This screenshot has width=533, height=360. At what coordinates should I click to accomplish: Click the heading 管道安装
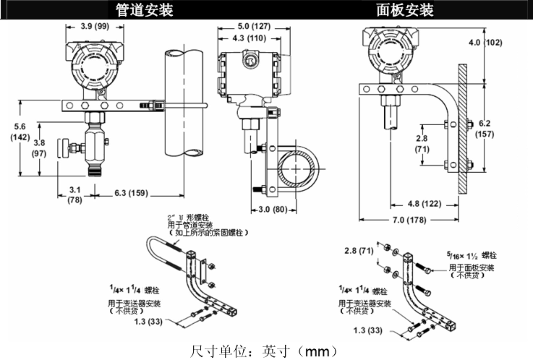(x=144, y=10)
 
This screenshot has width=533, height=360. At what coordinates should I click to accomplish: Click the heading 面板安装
(x=405, y=10)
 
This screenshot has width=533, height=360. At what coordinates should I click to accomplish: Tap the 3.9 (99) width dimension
(x=95, y=26)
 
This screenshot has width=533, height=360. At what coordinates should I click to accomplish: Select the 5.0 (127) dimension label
(x=254, y=26)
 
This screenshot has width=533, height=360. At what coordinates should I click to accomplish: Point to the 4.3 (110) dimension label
(x=249, y=38)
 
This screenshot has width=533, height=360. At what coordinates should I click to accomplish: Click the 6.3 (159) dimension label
(x=131, y=193)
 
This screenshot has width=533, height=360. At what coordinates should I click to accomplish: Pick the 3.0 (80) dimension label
(x=273, y=209)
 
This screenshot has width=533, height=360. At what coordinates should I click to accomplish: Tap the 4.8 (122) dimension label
(x=424, y=204)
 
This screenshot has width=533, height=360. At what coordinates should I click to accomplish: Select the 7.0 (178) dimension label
(x=409, y=220)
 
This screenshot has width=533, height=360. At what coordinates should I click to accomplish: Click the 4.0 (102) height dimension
(x=486, y=43)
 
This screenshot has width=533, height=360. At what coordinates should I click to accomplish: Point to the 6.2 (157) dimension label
(x=485, y=129)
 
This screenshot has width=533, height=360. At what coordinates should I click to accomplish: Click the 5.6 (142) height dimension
(x=20, y=132)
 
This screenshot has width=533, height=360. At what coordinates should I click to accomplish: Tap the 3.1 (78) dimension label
(x=75, y=195)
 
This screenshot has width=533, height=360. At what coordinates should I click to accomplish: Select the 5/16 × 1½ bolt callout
(x=471, y=256)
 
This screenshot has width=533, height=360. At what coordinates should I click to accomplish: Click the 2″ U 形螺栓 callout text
(x=188, y=218)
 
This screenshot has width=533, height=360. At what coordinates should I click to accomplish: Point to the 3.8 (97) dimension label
(x=39, y=148)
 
